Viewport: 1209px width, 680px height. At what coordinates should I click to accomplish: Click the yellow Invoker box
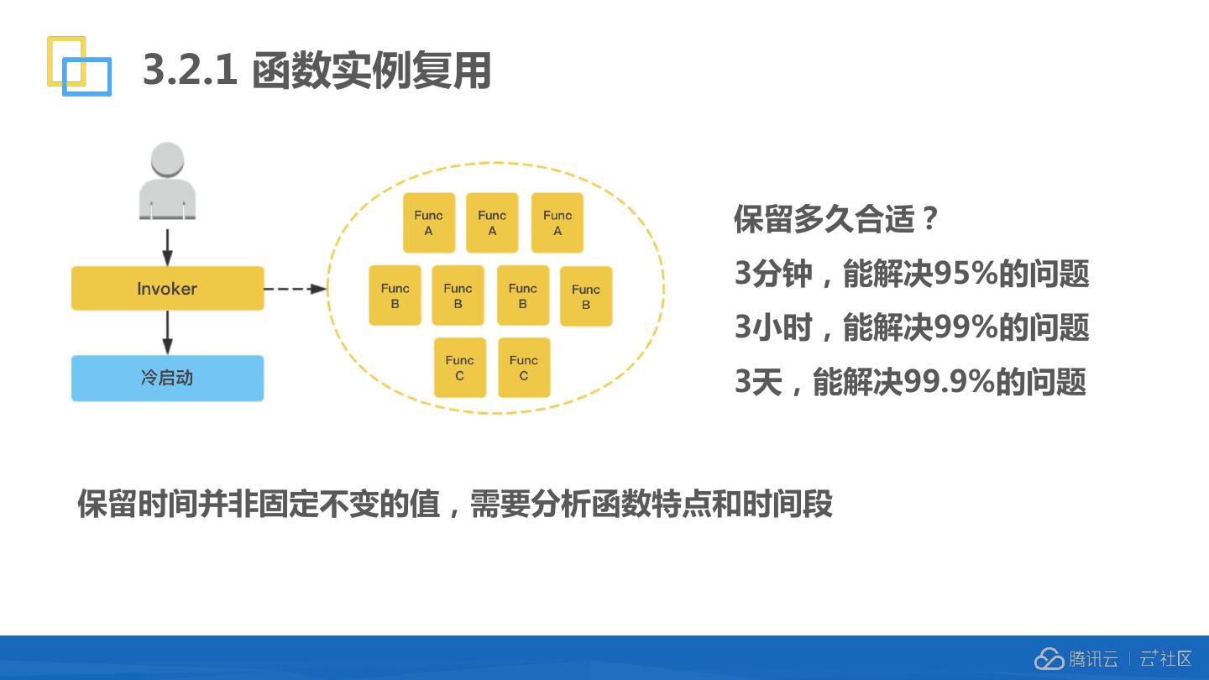(167, 288)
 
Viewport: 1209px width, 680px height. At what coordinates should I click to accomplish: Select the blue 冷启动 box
(167, 378)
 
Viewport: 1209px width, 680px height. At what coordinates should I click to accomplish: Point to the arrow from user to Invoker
(167, 246)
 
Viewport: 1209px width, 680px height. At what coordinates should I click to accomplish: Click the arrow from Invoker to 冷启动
(167, 333)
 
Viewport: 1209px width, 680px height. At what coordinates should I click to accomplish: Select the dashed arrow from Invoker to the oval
(295, 289)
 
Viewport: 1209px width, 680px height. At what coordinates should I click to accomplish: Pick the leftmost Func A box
(428, 222)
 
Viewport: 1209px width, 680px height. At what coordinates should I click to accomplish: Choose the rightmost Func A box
(557, 222)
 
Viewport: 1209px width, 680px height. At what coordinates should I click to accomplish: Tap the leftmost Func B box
(395, 296)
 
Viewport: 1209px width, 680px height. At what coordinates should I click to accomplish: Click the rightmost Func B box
(586, 296)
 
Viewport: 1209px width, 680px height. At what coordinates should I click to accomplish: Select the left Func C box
(459, 368)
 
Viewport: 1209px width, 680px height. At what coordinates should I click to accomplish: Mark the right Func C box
(524, 368)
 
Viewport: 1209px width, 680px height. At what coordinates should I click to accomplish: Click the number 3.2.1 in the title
(191, 70)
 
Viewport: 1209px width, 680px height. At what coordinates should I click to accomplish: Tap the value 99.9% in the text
(949, 382)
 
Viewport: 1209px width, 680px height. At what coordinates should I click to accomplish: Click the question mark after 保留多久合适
(928, 220)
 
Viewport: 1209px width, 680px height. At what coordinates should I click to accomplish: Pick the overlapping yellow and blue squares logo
(78, 65)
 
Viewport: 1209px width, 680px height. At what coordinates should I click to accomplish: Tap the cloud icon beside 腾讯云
(1049, 659)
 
